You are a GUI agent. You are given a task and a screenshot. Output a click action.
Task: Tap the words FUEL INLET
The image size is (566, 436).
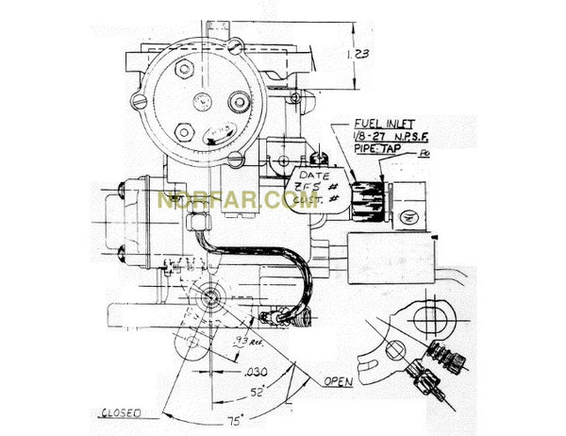click(384, 124)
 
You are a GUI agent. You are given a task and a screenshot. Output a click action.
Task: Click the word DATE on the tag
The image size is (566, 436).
click(315, 176)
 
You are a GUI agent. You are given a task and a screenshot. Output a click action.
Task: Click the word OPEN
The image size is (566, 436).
click(339, 382)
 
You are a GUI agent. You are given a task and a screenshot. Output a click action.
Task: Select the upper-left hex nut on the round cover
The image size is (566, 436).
click(185, 69)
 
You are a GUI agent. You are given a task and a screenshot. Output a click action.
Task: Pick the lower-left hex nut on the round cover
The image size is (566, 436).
click(185, 131)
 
